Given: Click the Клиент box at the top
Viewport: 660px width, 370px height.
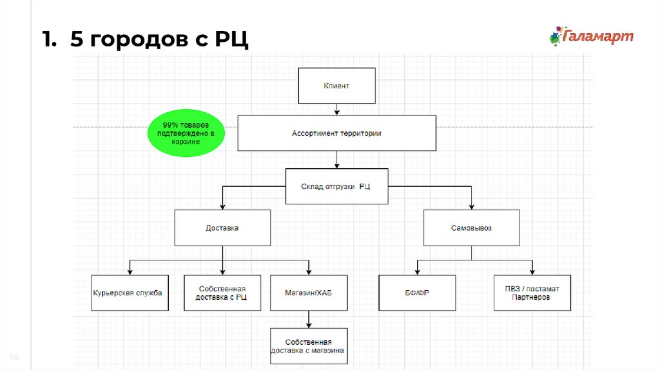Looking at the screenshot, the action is pyautogui.click(x=336, y=86).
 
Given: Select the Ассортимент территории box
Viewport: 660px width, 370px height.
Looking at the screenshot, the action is pyautogui.click(x=336, y=133).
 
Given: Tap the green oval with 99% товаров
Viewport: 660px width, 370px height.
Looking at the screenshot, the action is pyautogui.click(x=186, y=133).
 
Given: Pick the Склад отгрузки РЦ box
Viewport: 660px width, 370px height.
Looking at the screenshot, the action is pyautogui.click(x=336, y=186).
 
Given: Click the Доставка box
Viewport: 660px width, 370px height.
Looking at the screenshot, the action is pyautogui.click(x=222, y=228).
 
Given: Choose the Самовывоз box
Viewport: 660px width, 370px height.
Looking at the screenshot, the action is pyautogui.click(x=471, y=228).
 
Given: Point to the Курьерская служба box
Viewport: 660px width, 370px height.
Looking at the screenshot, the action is pyautogui.click(x=130, y=293).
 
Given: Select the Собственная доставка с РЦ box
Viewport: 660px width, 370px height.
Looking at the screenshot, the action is pyautogui.click(x=222, y=293).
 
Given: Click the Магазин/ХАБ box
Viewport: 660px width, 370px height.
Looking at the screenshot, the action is pyautogui.click(x=309, y=293).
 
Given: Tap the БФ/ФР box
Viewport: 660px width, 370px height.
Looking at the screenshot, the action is pyautogui.click(x=417, y=293).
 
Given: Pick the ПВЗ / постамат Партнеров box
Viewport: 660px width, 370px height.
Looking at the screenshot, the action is pyautogui.click(x=532, y=293).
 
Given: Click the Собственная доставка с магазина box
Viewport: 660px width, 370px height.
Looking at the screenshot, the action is pyautogui.click(x=309, y=346).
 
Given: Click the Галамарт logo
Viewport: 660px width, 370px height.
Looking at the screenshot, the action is pyautogui.click(x=592, y=36).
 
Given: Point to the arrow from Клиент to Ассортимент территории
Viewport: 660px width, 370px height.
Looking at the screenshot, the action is pyautogui.click(x=336, y=110).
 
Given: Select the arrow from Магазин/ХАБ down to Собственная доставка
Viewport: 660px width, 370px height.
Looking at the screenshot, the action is pyautogui.click(x=309, y=320).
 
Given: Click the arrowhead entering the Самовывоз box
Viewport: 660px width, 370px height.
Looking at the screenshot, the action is pyautogui.click(x=471, y=207).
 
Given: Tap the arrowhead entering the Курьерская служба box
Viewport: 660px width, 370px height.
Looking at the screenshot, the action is pyautogui.click(x=130, y=273).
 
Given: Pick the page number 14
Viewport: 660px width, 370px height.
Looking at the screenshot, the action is pyautogui.click(x=14, y=357).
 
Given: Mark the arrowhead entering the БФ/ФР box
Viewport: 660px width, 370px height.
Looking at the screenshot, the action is pyautogui.click(x=417, y=273).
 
